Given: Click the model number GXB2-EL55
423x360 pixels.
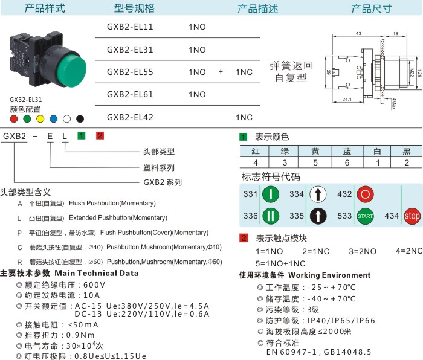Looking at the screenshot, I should pyautogui.click(x=130, y=72).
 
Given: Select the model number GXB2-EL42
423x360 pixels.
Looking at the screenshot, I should pyautogui.click(x=130, y=117).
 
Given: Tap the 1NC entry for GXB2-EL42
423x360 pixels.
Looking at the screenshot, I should pyautogui.click(x=244, y=117).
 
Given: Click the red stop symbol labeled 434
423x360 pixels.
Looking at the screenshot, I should pyautogui.click(x=412, y=216).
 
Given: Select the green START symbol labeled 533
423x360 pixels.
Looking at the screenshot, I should pyautogui.click(x=365, y=216).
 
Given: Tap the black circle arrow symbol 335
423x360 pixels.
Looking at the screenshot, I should pyautogui.click(x=318, y=216).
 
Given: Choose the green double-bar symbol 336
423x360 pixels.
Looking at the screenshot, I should pyautogui.click(x=271, y=216).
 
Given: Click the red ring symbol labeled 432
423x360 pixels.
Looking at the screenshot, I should pyautogui.click(x=365, y=194).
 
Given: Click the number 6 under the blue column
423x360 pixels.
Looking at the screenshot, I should pyautogui.click(x=347, y=162).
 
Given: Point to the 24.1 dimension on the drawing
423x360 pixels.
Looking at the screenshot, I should pyautogui.click(x=347, y=98).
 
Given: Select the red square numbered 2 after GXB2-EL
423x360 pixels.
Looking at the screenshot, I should pyautogui.click(x=100, y=135).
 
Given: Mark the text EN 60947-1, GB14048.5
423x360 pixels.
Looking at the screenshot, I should pyautogui.click(x=319, y=351).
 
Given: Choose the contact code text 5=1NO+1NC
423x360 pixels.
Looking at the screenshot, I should pyautogui.click(x=280, y=263).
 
